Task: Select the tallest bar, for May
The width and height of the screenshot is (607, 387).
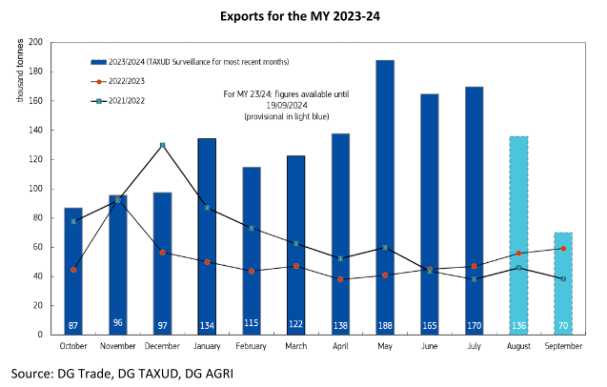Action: click(384, 191)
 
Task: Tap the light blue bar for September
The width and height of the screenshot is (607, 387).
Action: click(563, 286)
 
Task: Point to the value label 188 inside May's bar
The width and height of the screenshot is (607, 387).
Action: click(384, 325)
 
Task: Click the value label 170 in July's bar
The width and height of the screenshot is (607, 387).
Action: click(474, 325)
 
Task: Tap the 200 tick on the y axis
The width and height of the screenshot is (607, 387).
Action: click(36, 43)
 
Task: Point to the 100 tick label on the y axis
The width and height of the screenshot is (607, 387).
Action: click(36, 189)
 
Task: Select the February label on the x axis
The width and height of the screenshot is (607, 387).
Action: click(251, 347)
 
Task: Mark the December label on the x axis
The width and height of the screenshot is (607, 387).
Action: click(162, 347)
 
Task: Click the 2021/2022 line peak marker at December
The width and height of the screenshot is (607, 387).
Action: click(162, 145)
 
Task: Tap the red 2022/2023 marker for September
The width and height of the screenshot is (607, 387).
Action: click(563, 249)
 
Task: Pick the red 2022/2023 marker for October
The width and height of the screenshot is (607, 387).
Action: click(73, 270)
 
